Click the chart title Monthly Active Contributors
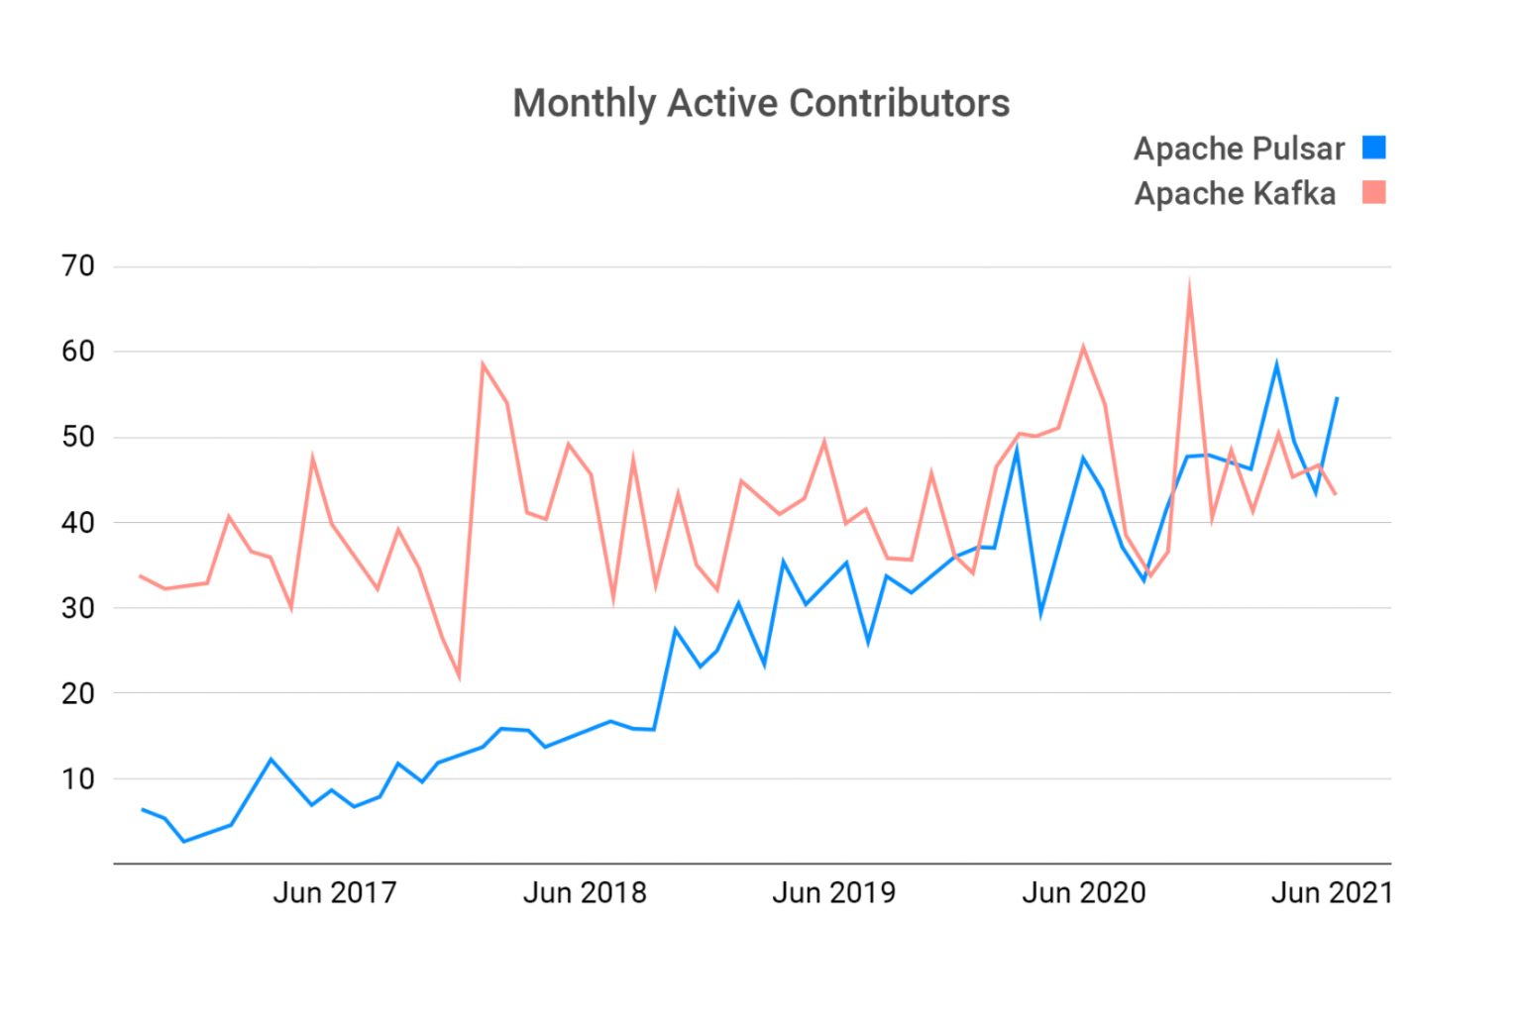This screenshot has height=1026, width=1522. tap(761, 103)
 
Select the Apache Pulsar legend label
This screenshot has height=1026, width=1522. tap(1239, 149)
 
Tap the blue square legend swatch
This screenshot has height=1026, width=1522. tap(1373, 148)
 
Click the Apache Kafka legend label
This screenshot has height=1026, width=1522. tap(1235, 193)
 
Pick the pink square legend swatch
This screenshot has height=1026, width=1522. tap(1373, 192)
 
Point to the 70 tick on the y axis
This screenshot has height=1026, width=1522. tap(78, 266)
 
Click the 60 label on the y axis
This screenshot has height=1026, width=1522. tap(78, 352)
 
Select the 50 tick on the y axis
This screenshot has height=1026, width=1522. tap(78, 437)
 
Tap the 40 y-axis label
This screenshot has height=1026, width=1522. tap(78, 523)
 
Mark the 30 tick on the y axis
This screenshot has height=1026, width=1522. tap(78, 608)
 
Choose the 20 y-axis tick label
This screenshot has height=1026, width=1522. tap(78, 693)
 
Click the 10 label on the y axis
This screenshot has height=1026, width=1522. tap(78, 779)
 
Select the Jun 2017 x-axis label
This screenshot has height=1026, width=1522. tap(335, 893)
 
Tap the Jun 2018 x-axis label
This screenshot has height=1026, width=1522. tap(585, 893)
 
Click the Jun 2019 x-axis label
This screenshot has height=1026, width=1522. tap(833, 893)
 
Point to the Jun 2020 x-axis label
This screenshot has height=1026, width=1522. tap(1084, 893)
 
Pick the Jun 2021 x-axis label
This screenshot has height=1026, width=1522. tap(1332, 893)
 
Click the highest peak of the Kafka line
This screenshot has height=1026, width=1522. tap(1189, 283)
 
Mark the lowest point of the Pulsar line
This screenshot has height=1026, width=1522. tap(183, 841)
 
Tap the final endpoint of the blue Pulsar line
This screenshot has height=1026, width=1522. tap(1337, 398)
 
